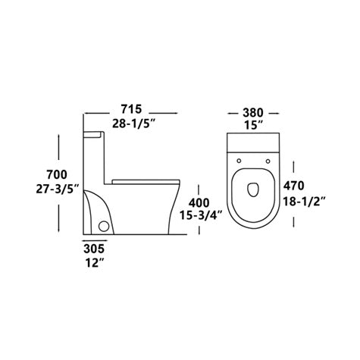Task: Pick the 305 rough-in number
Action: pyautogui.click(x=95, y=248)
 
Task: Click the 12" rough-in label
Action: pyautogui.click(x=94, y=263)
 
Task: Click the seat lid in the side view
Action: pyautogui.click(x=146, y=180)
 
